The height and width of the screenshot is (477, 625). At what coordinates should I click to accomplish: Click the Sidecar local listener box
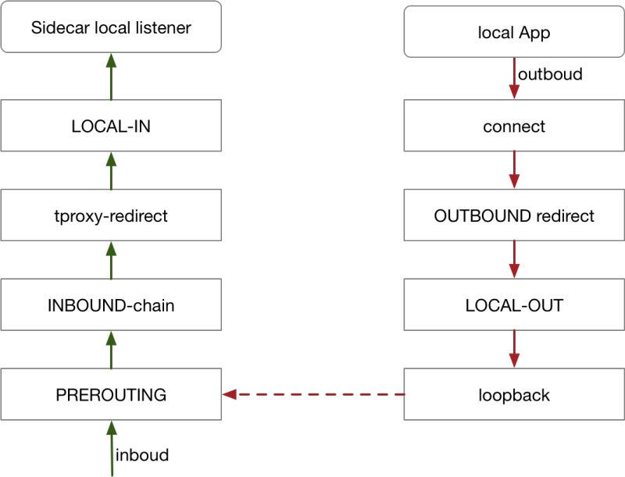(111, 28)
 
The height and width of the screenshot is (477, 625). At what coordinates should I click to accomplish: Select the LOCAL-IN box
(111, 126)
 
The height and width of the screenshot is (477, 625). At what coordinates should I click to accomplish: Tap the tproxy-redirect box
(111, 215)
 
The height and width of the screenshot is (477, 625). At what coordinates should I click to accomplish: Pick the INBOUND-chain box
(111, 304)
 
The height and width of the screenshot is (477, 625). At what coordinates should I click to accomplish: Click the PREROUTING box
(111, 394)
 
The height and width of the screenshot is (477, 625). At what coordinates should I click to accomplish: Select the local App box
(513, 32)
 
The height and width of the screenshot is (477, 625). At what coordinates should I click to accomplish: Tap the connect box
(513, 126)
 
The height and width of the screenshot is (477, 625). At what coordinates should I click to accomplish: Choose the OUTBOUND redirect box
(513, 215)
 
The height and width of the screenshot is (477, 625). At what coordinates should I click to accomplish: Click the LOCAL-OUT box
(513, 304)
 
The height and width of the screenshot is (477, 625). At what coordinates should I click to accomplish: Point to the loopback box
(513, 394)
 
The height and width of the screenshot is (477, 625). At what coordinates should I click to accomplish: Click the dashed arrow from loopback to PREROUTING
(313, 394)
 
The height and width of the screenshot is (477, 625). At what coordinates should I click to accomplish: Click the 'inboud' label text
(141, 454)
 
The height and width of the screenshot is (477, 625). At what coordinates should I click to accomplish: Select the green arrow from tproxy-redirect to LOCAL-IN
(111, 171)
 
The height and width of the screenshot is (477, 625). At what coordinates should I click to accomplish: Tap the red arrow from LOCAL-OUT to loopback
(513, 349)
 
